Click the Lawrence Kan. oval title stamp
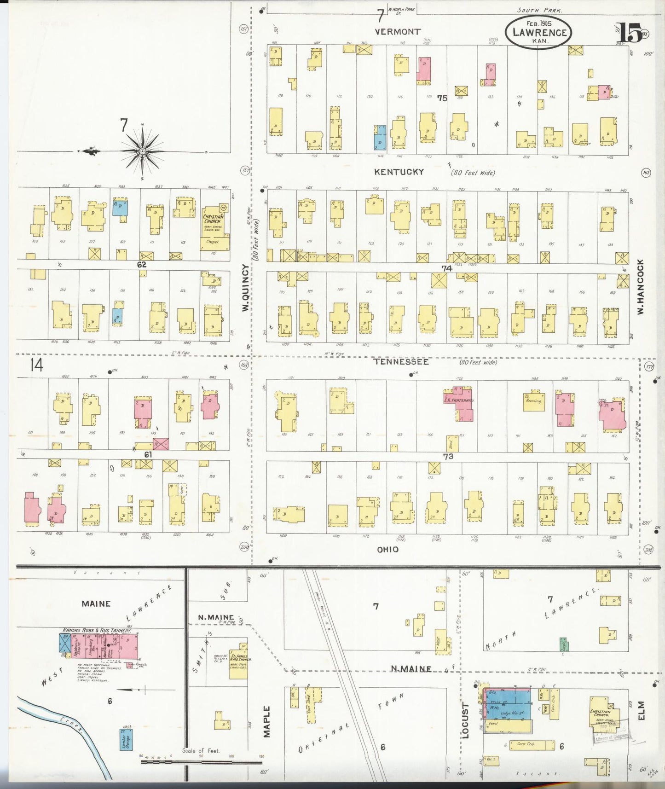pos(538,32)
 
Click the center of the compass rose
pos(142,151)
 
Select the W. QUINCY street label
pos(245,287)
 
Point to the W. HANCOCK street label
pos(640,286)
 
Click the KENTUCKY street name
pos(399,172)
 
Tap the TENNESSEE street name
pos(401,362)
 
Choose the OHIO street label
pos(387,549)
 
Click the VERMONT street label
pos(398,32)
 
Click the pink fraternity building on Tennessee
pos(458,404)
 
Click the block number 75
pos(442,98)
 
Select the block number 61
pos(148,454)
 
